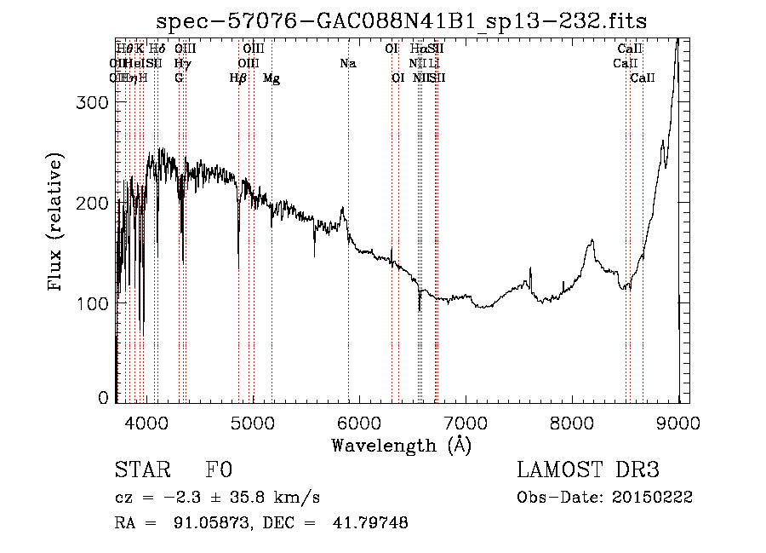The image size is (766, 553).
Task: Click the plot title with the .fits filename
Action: tap(403, 23)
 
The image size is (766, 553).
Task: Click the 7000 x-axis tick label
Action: tap(466, 422)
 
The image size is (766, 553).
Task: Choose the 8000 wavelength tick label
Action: tap(572, 422)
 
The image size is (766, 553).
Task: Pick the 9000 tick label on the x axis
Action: tap(678, 422)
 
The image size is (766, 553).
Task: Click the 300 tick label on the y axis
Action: tap(91, 102)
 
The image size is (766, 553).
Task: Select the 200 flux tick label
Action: tap(91, 203)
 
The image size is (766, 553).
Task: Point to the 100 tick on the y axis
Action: tap(91, 303)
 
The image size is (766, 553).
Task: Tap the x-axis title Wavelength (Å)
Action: tap(401, 445)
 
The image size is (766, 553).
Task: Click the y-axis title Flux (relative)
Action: tap(56, 223)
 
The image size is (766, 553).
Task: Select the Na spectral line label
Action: tap(347, 64)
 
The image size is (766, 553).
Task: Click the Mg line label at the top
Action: tap(272, 78)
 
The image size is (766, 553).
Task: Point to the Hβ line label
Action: tap(238, 78)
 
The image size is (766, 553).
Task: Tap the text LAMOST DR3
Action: tap(588, 470)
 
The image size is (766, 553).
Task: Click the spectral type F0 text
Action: tap(219, 470)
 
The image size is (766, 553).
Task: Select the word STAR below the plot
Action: tap(140, 470)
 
